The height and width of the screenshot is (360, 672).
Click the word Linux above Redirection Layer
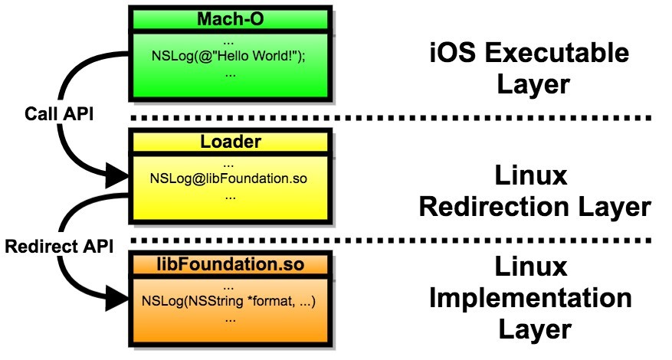pyautogui.click(x=532, y=176)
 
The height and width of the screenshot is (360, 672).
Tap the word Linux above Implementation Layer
pyautogui.click(x=532, y=267)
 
